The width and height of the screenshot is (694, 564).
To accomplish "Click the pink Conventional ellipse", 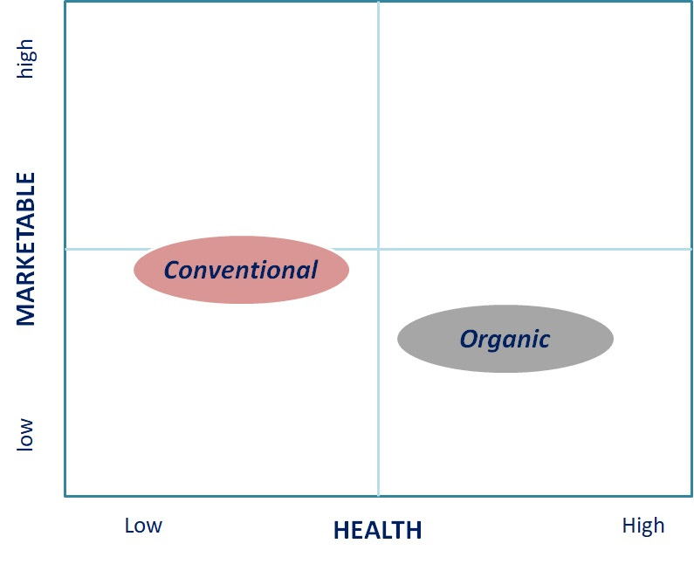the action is [x=241, y=270].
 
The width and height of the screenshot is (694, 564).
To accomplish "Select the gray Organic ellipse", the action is [x=505, y=339].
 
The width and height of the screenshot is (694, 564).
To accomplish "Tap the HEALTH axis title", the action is [x=377, y=530].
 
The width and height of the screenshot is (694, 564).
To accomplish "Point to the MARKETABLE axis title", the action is [x=25, y=249].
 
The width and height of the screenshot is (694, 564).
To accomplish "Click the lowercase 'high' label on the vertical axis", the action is [x=25, y=58].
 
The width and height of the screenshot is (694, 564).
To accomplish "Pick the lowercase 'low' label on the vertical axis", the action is [x=25, y=435].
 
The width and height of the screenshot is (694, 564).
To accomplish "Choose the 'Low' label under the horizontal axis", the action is [x=143, y=526].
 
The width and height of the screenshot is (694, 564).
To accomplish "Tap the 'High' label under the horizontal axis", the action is [x=643, y=526].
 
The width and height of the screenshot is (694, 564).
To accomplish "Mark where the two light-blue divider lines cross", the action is [x=378, y=249].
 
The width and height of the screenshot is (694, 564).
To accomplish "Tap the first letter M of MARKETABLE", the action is [x=25, y=314].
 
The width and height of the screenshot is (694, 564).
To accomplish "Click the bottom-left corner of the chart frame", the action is [x=65, y=496].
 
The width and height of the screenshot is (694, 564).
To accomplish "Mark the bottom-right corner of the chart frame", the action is [x=691, y=496].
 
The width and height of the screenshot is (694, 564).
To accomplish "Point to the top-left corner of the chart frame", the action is [x=65, y=2].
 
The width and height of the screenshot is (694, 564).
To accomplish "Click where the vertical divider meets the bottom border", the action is [x=378, y=496].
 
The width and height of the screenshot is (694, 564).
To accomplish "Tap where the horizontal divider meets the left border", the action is [x=65, y=249].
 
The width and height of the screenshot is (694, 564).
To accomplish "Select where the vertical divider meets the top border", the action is [x=378, y=2].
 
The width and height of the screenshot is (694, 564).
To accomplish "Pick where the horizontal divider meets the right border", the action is [x=691, y=249].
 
